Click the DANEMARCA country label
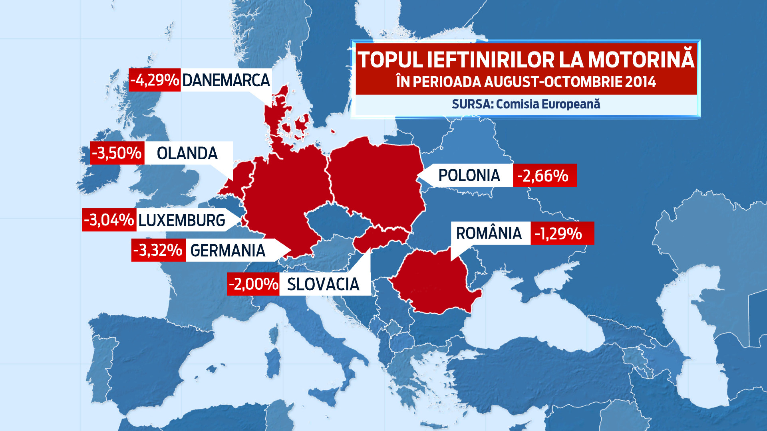(226, 80)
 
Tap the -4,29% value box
(155, 80)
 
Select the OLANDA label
(187, 153)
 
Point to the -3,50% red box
(117, 153)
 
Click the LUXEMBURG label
(182, 220)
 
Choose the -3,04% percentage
(109, 220)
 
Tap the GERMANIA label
(228, 251)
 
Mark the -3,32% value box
(158, 251)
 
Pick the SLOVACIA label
(323, 285)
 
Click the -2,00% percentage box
(253, 285)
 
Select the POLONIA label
(469, 176)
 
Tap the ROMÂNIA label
(489, 233)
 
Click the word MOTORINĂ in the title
(641, 60)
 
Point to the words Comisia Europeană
(548, 104)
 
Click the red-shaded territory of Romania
(433, 281)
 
